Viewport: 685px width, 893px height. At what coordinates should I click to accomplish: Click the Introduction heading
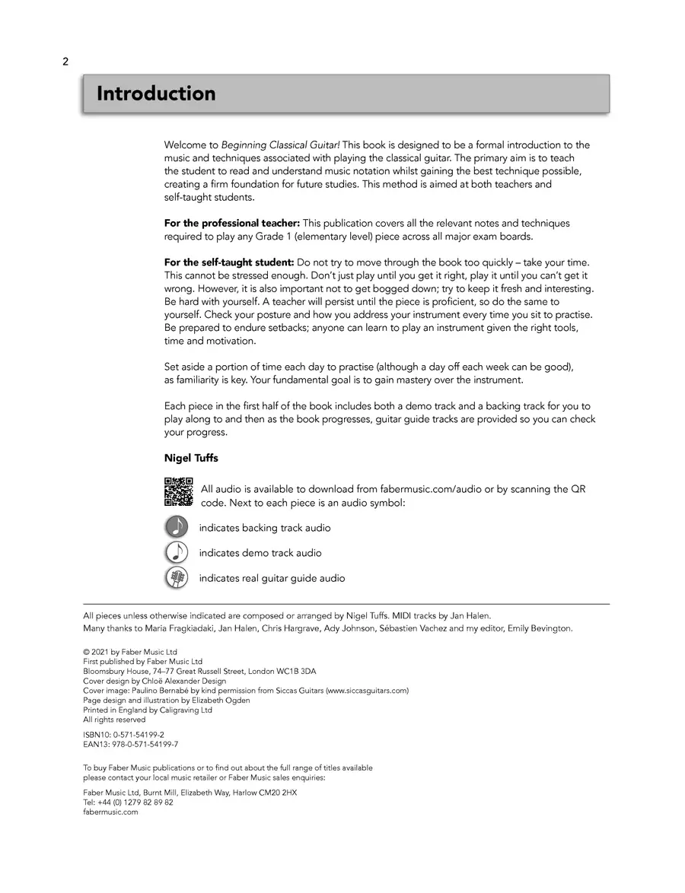tap(156, 94)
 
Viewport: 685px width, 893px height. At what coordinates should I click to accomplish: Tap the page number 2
tap(65, 62)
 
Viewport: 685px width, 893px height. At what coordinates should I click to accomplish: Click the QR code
tap(178, 491)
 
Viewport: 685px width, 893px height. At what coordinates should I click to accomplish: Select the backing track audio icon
tap(176, 527)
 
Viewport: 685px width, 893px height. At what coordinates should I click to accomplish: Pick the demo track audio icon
tap(176, 552)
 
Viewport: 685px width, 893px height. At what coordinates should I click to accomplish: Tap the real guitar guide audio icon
tap(176, 578)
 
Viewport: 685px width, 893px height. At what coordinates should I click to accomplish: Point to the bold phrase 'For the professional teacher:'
tap(232, 224)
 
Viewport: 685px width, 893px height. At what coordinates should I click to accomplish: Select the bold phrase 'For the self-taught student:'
tap(229, 262)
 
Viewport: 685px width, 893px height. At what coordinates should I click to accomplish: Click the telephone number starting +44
tap(128, 802)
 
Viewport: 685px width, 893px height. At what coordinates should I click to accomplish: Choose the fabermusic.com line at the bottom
tap(111, 812)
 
